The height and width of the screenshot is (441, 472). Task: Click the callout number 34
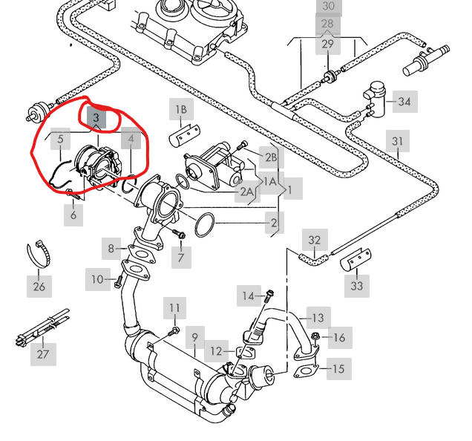point(405,102)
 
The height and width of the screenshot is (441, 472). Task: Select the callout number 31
point(398,141)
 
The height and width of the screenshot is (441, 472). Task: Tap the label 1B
point(181,109)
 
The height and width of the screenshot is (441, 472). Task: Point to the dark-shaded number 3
point(96,117)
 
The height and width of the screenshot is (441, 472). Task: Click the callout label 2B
point(271,157)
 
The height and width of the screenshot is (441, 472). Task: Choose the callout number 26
point(39,287)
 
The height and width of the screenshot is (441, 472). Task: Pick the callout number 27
point(43,354)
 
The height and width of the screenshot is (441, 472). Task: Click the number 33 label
point(357,286)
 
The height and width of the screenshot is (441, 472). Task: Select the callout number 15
point(339,369)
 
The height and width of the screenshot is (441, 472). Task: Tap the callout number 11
point(174,308)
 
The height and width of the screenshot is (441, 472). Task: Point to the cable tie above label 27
point(42,327)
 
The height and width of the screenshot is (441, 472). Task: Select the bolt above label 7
point(179,235)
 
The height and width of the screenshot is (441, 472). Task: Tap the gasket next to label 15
point(306,371)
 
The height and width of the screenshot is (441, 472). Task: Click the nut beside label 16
point(315,336)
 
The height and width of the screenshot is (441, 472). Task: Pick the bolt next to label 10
point(119,281)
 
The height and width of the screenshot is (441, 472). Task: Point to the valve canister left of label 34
point(375,98)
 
